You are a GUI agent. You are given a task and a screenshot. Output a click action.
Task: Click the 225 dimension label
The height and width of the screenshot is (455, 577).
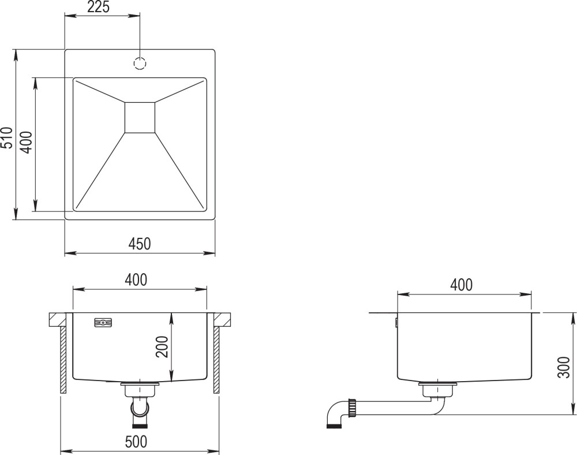pos(98,6)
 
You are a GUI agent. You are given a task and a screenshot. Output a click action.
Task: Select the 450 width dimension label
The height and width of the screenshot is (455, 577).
pos(140,243)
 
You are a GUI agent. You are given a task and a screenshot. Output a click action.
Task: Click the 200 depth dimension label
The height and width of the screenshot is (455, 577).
pos(162,346)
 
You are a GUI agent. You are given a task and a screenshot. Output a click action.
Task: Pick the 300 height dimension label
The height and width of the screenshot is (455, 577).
pos(564,367)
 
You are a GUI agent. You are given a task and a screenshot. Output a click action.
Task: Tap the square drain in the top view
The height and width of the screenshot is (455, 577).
pos(140,117)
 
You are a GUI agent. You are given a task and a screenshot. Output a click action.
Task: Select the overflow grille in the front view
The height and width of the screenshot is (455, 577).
pos(103,323)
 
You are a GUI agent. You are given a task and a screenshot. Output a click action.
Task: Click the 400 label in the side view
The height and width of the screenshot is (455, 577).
pos(462,285)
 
